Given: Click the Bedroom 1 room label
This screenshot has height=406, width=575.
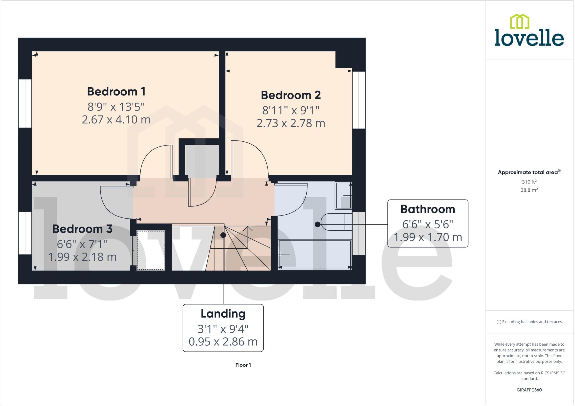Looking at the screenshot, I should coord(116,92).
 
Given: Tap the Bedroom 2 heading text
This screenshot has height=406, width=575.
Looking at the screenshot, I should coord(291,95).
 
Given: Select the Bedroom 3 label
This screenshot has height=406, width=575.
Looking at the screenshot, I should coord(82,229).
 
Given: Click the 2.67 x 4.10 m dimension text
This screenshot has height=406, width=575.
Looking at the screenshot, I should coord(116,120).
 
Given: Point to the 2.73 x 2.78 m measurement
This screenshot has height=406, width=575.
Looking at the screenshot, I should coord(291,123).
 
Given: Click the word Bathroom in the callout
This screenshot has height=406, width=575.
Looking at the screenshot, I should coord(427,209).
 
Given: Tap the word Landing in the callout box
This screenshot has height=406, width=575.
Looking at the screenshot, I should coord(223,314).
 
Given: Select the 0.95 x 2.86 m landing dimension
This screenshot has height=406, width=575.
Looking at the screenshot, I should coord(223,342).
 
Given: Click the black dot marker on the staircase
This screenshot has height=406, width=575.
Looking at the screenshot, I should coord(223,235).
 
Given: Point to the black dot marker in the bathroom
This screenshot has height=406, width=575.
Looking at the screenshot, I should coord(318,224).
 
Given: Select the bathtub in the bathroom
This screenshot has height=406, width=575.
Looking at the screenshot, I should coord(314,255).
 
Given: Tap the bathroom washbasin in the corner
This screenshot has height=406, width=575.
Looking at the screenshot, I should coord(343,196).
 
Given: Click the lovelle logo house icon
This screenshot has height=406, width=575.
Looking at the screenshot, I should coord(519,22).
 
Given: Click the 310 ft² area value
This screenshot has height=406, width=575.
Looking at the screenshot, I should coord(529,182).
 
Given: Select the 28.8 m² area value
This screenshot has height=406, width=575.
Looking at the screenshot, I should coord(529,190).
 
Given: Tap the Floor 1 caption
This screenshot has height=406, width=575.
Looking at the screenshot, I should coord(243,365).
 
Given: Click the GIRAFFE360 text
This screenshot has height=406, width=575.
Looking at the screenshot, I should coord(529,390).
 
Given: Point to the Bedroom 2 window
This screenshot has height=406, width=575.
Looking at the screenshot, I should coord(359,100).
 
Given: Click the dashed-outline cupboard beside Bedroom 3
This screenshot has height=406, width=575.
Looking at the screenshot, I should coord(151,250).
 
